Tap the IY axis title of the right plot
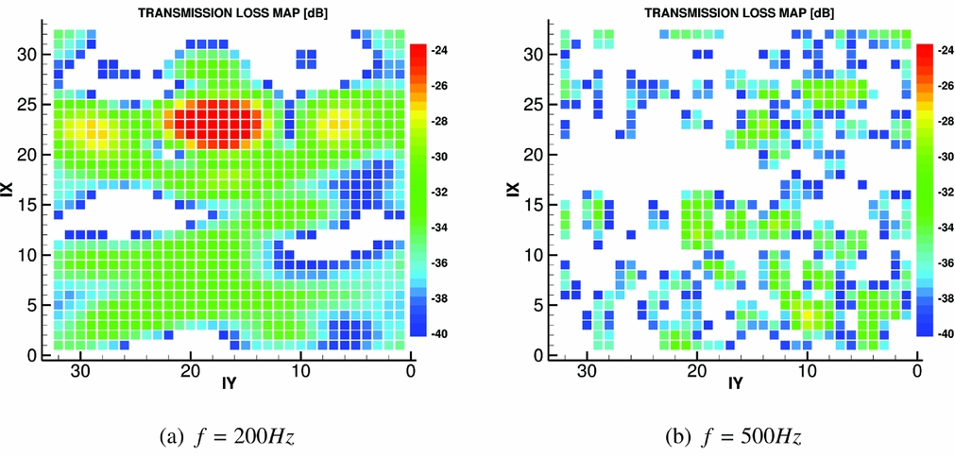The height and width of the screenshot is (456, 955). pos(735,383)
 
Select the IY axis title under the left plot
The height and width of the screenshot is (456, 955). pos(228,383)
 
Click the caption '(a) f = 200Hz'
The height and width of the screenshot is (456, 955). pos(230,437)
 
